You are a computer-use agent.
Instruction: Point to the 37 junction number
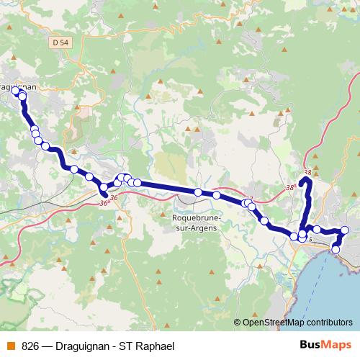click(x=249, y=198)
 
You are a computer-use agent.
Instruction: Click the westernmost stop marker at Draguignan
click(x=15, y=91)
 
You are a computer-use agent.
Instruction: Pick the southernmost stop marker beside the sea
click(x=336, y=250)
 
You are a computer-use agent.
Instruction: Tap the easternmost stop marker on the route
click(x=344, y=230)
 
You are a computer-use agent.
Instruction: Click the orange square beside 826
click(x=10, y=346)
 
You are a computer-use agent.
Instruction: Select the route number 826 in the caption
click(x=30, y=346)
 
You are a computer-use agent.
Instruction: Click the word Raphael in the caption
click(x=155, y=346)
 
